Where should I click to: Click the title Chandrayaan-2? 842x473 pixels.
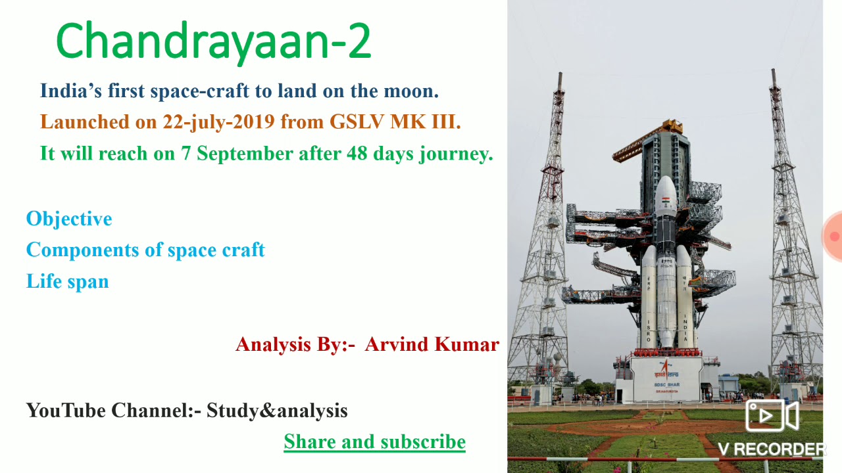[214, 41]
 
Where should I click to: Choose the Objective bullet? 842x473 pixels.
[69, 219]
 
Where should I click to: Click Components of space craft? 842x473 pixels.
[145, 250]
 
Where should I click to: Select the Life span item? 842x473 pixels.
[67, 282]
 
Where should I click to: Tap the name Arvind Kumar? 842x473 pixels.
[432, 344]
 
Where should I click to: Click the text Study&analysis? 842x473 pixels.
[277, 411]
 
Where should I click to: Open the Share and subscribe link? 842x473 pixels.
[374, 442]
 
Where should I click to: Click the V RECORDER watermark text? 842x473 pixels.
[771, 449]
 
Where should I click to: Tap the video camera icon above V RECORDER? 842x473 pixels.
[771, 415]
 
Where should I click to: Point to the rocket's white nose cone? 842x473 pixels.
[666, 191]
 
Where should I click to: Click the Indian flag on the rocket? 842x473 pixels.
[666, 200]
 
